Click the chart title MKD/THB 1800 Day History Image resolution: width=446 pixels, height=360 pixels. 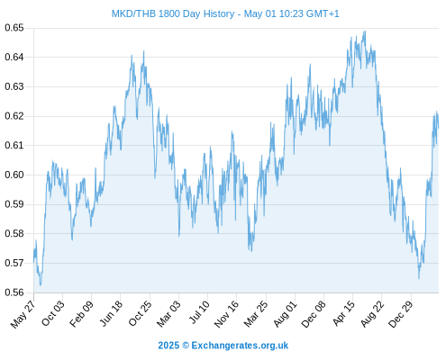coord(173,13)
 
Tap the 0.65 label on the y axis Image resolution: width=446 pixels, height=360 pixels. coord(14,28)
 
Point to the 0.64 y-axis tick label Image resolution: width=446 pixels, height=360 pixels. coord(14,57)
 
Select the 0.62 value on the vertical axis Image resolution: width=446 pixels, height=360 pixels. coord(14,116)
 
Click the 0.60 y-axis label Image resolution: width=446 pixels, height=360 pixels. coord(14,175)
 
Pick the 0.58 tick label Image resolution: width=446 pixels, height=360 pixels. coord(14,233)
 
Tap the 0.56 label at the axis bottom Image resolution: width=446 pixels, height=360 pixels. coord(14,292)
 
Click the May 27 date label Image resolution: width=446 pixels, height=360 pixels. coord(23,314)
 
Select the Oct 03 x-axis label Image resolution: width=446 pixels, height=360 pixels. coord(53,313)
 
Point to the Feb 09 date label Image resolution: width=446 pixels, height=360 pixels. coord(81,314)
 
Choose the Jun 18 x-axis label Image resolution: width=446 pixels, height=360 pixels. coord(111,313)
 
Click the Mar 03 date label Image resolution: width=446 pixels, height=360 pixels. coord(169,313)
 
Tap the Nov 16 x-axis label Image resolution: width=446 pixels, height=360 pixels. coord(226,314)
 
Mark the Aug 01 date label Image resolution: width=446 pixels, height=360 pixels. coord(286,314)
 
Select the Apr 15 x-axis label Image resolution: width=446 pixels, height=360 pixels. coord(344,313)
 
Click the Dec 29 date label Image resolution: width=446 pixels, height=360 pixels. coord(401,314)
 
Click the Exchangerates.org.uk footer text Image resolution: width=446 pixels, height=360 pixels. coord(240,346)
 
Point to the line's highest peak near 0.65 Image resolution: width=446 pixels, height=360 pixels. coord(365,31)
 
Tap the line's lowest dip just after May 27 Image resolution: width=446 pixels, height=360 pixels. coord(41,284)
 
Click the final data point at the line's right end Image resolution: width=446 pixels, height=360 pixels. coord(438,128)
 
